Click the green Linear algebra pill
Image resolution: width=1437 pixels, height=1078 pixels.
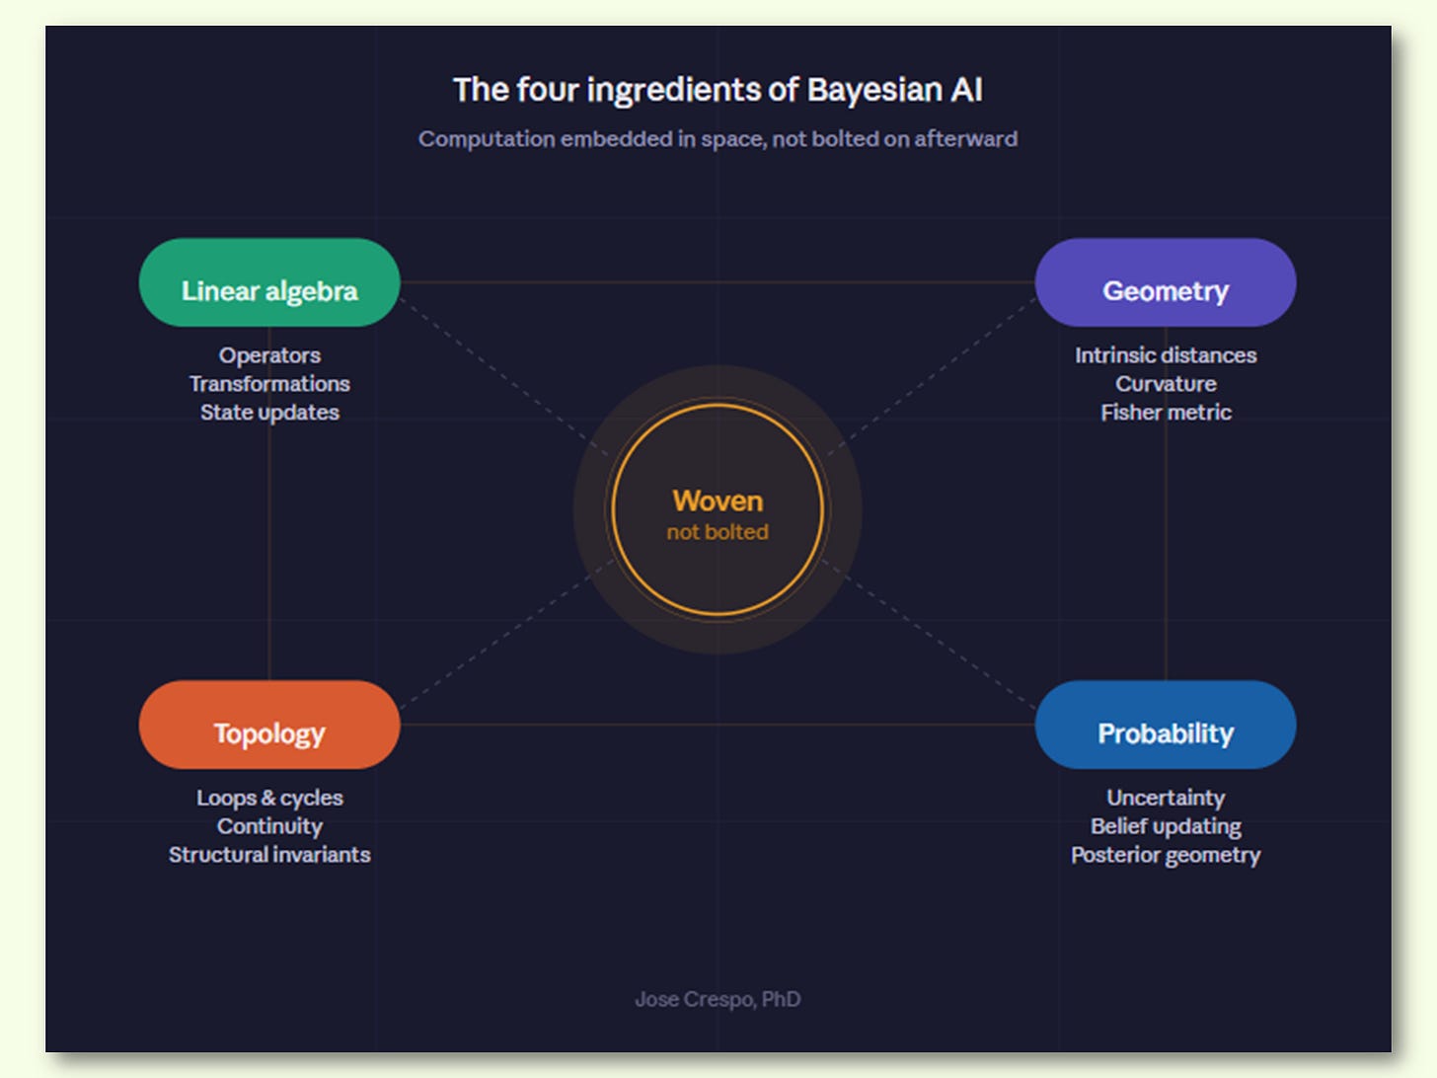[x=269, y=283]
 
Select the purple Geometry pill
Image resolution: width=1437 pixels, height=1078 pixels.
[x=1165, y=283]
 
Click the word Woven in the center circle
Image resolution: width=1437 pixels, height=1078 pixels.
[x=718, y=500]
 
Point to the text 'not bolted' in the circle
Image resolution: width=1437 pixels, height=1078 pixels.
[x=718, y=532]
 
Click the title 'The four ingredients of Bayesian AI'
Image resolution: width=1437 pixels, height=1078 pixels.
[x=718, y=90]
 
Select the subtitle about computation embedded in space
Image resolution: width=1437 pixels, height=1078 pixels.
[x=718, y=139]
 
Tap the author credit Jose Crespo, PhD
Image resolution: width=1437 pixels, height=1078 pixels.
[x=718, y=999]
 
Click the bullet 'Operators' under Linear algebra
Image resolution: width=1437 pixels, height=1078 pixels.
[x=269, y=355]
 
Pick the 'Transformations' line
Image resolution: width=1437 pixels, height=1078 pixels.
[x=269, y=384]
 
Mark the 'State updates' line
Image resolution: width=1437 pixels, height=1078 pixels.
[x=269, y=413]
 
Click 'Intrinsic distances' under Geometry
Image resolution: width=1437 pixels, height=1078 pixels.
[x=1166, y=355]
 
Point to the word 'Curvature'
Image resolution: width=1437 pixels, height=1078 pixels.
[x=1166, y=384]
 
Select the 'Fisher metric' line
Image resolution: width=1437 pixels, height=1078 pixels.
[x=1166, y=413]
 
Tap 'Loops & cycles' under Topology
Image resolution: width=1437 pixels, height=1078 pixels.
[x=269, y=798]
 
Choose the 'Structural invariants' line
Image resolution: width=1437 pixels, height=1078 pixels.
[x=269, y=855]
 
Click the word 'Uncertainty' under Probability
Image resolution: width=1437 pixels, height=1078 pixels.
[x=1166, y=798]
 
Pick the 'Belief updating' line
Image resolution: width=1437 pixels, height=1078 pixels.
[x=1166, y=826]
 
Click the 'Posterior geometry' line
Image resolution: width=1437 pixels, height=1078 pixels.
[x=1166, y=855]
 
